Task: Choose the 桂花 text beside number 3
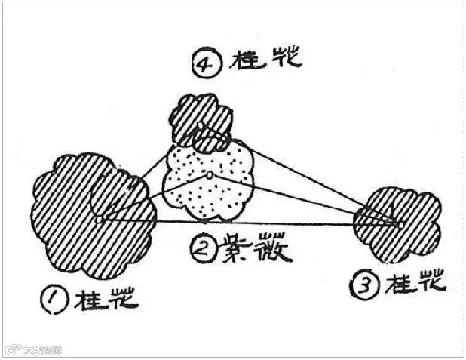[x=415, y=284]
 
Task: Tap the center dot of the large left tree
[x=99, y=220]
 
